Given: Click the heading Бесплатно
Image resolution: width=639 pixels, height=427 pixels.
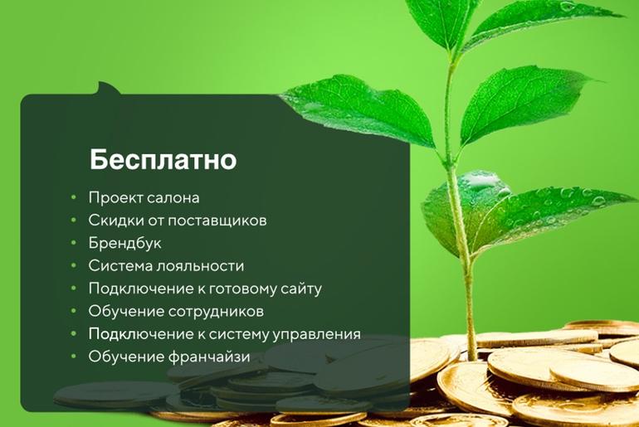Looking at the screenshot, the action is pos(163,159).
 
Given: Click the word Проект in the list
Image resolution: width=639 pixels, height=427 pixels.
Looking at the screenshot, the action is pos(115,198).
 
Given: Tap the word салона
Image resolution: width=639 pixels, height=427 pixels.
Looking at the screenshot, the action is pos(173,198).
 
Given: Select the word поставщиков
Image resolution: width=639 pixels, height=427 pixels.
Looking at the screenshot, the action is pos(217,221).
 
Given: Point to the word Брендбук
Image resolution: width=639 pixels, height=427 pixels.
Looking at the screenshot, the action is pos(124,243).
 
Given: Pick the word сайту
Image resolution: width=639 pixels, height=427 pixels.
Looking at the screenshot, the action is pos(301,289).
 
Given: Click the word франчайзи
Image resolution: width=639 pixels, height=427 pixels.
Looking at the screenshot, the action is pos(208,357).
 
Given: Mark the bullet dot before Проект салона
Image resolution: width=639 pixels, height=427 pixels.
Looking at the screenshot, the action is pos(74,198).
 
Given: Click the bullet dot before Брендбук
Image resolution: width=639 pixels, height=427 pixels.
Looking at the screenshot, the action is pos(74,243).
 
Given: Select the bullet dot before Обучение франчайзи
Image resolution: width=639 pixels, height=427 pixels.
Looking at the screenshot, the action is pos(74,357).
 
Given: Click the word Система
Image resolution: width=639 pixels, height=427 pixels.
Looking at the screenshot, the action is pos(120,266).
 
